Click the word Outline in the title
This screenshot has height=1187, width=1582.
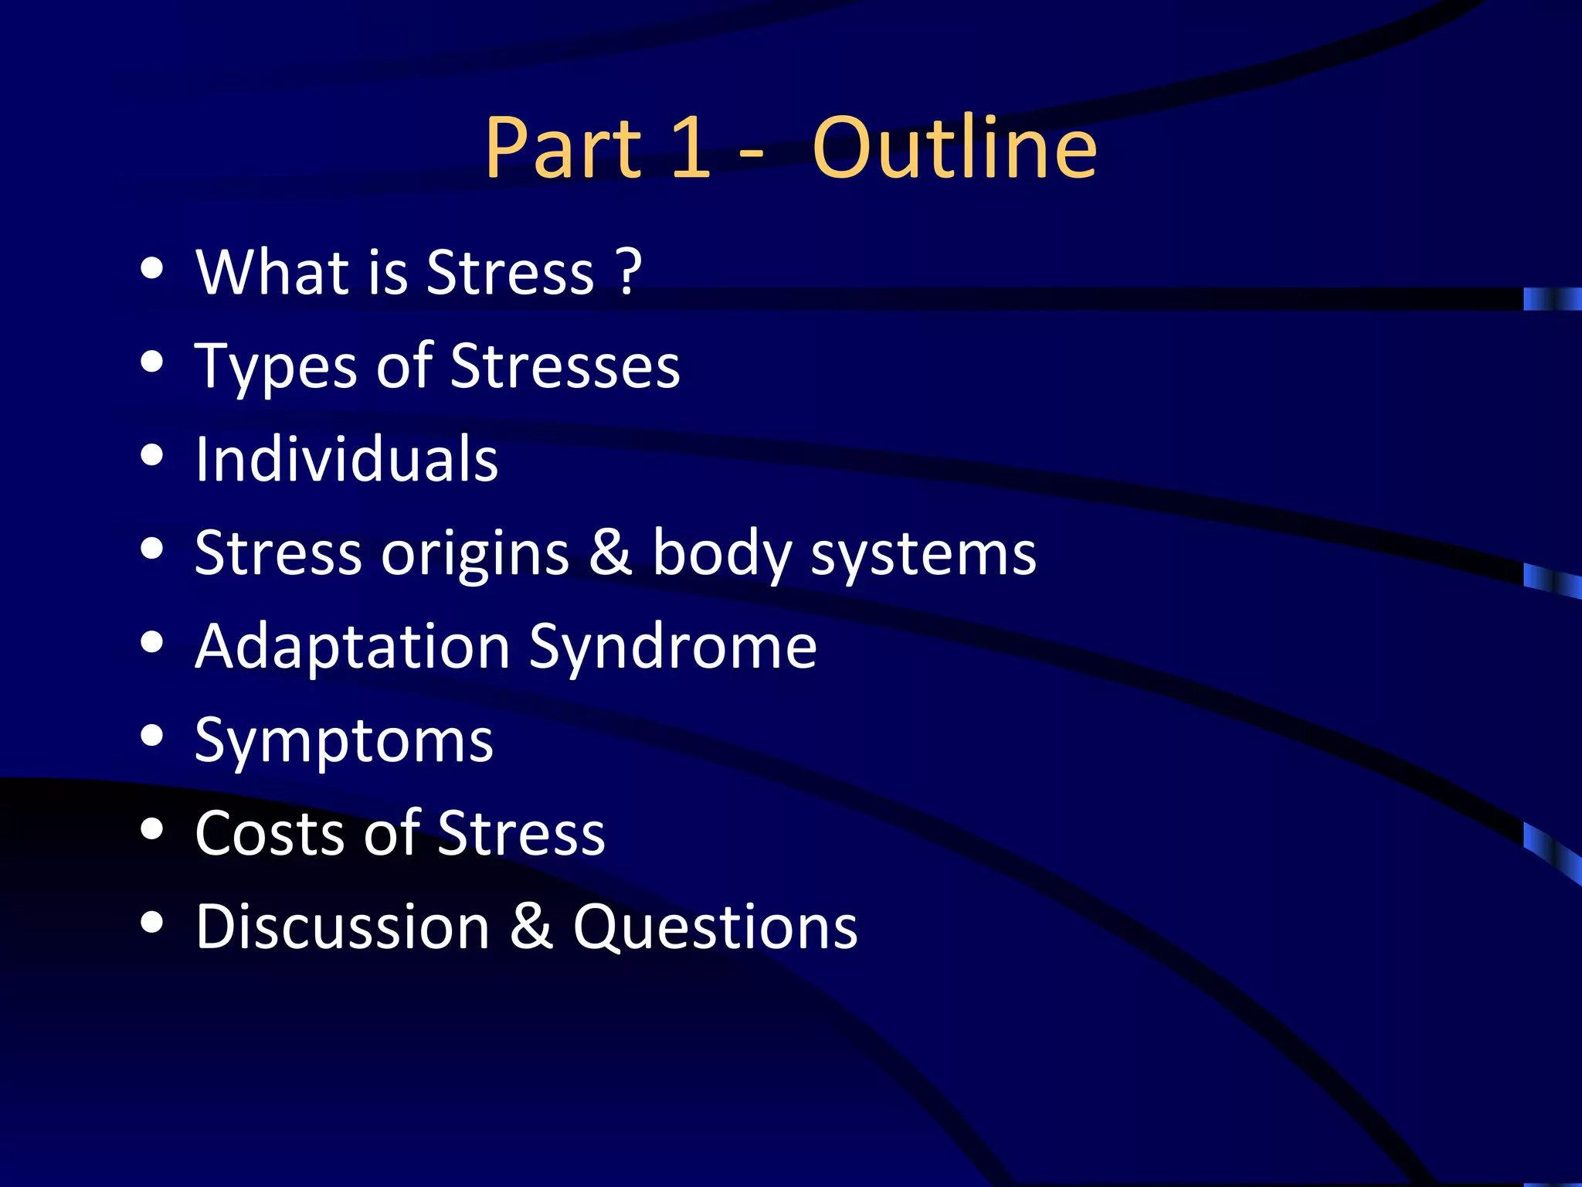[x=955, y=148]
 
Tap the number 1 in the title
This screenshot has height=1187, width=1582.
[x=690, y=148]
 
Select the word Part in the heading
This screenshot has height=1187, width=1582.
[x=563, y=148]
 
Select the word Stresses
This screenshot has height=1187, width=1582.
[x=565, y=366]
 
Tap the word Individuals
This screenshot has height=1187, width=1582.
[x=347, y=459]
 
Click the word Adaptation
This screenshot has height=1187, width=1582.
[x=352, y=647]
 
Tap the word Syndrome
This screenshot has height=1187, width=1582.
[x=672, y=647]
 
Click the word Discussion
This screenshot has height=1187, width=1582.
[x=342, y=927]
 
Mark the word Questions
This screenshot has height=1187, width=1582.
[x=715, y=927]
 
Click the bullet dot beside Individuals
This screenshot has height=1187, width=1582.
[x=153, y=456]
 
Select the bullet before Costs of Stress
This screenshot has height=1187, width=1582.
[x=153, y=829]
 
